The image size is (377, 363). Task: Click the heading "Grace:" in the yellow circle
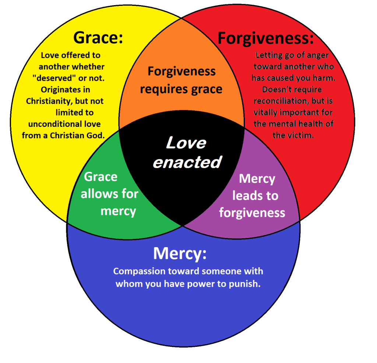pyautogui.click(x=98, y=38)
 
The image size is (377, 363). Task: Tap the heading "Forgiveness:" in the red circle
pyautogui.click(x=265, y=38)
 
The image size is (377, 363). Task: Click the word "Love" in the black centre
pyautogui.click(x=186, y=143)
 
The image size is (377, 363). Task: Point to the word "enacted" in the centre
pyautogui.click(x=187, y=162)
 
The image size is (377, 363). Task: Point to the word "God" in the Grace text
pyautogui.click(x=97, y=135)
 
